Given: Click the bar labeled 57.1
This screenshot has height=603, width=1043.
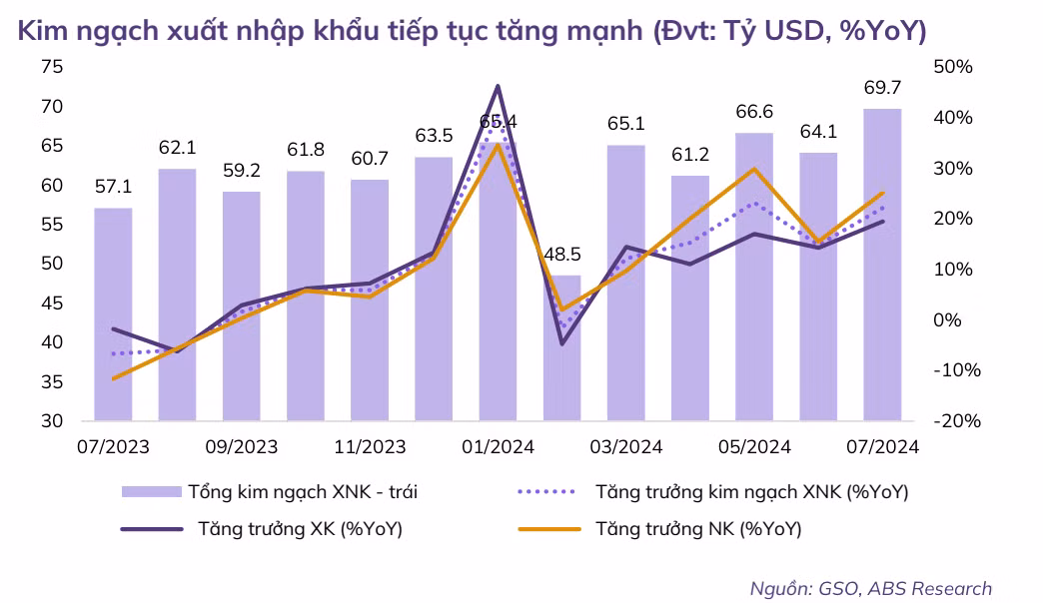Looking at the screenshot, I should tap(113, 314).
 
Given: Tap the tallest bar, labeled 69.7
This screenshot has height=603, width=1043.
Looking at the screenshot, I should tap(882, 265).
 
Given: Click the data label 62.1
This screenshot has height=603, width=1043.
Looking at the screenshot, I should tap(177, 149).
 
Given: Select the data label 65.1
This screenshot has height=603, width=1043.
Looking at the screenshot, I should tap(626, 125).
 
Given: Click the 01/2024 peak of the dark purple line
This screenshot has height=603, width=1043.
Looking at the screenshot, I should tap(498, 87).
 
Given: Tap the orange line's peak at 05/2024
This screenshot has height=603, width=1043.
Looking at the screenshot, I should tap(754, 169).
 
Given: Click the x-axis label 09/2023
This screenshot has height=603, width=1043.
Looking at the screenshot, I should tap(241, 446).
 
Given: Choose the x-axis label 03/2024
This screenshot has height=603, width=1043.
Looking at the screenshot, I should tap(626, 446).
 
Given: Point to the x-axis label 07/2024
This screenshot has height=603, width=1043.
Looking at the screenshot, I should tap(882, 446).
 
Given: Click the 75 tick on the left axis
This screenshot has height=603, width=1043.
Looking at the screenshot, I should tap(52, 67).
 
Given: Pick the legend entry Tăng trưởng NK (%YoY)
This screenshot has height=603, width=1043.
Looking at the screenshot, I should tap(698, 529).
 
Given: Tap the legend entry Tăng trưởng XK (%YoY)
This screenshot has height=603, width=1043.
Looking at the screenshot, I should tap(300, 529).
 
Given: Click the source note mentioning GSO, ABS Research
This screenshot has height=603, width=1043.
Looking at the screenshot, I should tap(871, 588).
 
